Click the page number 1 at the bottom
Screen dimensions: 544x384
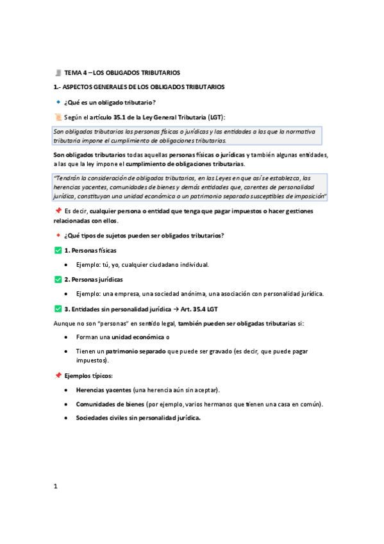[x=56, y=486]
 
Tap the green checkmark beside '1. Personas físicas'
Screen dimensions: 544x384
[x=58, y=250]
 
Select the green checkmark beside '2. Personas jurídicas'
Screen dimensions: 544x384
[x=58, y=280]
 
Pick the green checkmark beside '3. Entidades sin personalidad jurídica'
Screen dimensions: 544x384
[x=58, y=309]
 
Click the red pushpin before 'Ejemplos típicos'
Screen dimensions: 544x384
[x=58, y=375]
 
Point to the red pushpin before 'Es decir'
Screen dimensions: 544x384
[x=58, y=210]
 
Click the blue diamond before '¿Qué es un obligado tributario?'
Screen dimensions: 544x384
[x=58, y=103]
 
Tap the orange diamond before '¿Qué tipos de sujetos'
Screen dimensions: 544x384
[x=58, y=235]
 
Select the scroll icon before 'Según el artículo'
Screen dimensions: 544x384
[x=58, y=117]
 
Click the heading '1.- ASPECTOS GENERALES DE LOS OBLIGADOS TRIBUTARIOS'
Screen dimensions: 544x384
[x=138, y=87]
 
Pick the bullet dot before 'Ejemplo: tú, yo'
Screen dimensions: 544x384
[x=67, y=265]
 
